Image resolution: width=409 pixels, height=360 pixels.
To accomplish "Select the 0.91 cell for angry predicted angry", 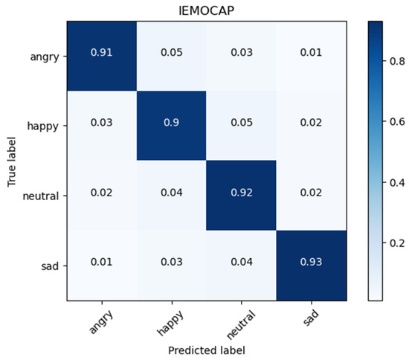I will tap(101, 54).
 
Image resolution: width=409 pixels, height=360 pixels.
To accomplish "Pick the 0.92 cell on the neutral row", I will tap(239, 196).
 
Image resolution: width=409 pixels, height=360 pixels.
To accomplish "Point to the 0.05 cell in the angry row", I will tap(170, 54).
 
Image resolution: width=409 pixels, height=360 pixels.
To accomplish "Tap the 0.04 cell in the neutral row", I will tap(170, 196).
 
